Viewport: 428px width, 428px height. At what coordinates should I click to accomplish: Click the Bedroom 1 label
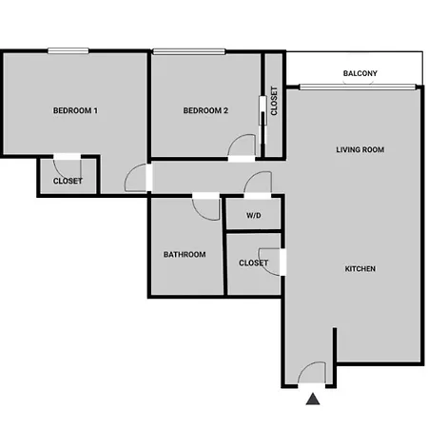[75, 110]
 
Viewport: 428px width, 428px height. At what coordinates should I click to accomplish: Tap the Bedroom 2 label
[205, 110]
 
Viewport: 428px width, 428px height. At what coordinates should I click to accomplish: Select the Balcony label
[360, 73]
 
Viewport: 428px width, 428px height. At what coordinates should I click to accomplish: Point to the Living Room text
[360, 149]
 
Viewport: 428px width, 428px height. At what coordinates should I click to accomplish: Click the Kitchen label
[360, 269]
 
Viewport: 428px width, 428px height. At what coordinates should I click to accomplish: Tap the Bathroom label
[185, 254]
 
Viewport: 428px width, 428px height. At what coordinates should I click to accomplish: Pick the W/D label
[254, 216]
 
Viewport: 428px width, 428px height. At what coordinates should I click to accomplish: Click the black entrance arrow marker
[313, 399]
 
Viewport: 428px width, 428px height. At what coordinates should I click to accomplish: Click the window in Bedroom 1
[68, 50]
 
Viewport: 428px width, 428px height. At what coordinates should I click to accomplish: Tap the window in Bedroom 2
[189, 51]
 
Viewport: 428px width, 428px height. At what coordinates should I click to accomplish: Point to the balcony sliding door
[358, 87]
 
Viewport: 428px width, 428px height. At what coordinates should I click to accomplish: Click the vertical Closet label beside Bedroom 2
[274, 101]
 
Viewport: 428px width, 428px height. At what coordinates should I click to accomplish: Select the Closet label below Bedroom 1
[68, 181]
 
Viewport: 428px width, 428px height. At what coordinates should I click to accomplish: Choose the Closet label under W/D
[254, 263]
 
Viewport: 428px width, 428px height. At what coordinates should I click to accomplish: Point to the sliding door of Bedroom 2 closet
[263, 120]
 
